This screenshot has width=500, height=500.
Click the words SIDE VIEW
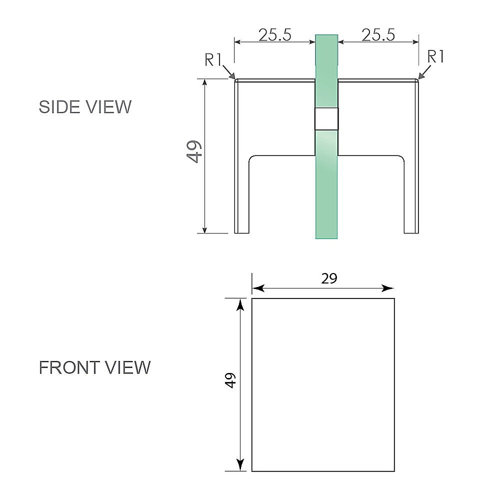tap(85, 107)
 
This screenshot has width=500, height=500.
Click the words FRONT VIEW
tap(94, 367)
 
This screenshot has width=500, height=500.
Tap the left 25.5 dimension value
tap(275, 35)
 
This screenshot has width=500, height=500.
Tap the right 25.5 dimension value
tap(378, 35)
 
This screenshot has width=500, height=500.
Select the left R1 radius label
tap(213, 60)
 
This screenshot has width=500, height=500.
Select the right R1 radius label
tap(435, 57)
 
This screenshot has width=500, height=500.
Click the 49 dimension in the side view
tap(194, 151)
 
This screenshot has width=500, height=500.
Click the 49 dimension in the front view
tap(230, 380)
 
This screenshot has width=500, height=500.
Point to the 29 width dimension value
tap(329, 279)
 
